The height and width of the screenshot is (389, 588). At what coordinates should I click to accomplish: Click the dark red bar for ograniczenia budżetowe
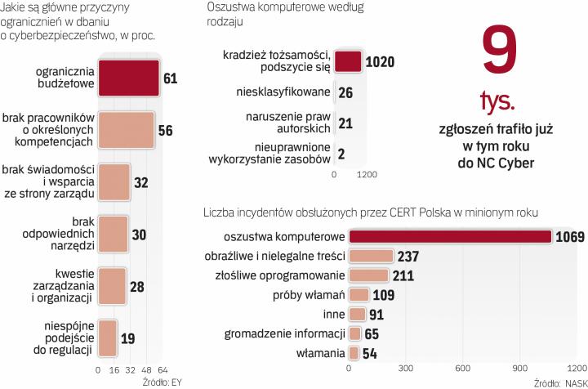(128, 78)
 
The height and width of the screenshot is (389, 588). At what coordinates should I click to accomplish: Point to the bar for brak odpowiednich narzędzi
(113, 234)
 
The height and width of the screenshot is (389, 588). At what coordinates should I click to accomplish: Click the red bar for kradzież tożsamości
(348, 62)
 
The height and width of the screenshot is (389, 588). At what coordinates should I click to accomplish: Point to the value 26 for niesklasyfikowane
(345, 92)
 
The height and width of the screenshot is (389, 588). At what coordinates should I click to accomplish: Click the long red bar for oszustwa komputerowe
(450, 237)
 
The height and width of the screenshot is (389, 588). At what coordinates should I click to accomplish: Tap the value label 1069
(570, 237)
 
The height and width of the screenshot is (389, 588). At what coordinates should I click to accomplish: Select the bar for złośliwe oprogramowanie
(368, 275)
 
